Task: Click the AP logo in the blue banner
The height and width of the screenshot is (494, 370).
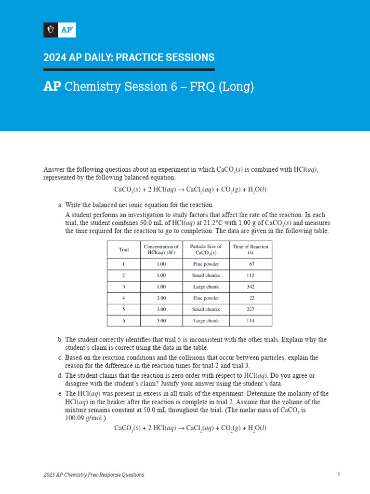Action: pos(60,30)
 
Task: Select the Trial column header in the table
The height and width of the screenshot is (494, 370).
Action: pos(124,249)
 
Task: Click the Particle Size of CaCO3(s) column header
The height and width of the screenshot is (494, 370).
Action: pos(206,249)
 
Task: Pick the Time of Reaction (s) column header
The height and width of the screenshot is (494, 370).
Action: pos(251,249)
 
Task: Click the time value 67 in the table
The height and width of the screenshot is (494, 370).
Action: pos(251,264)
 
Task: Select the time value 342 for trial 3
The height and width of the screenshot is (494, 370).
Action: pos(251,287)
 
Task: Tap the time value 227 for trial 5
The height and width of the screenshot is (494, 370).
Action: pos(251,309)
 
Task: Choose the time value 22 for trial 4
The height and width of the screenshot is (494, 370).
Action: pos(251,298)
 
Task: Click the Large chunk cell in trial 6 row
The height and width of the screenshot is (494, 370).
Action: pos(206,321)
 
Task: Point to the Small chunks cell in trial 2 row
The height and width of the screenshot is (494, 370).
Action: pos(206,275)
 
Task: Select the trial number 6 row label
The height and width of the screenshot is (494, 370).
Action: pos(124,321)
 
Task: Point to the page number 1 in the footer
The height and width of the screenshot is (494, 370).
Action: pos(339,475)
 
